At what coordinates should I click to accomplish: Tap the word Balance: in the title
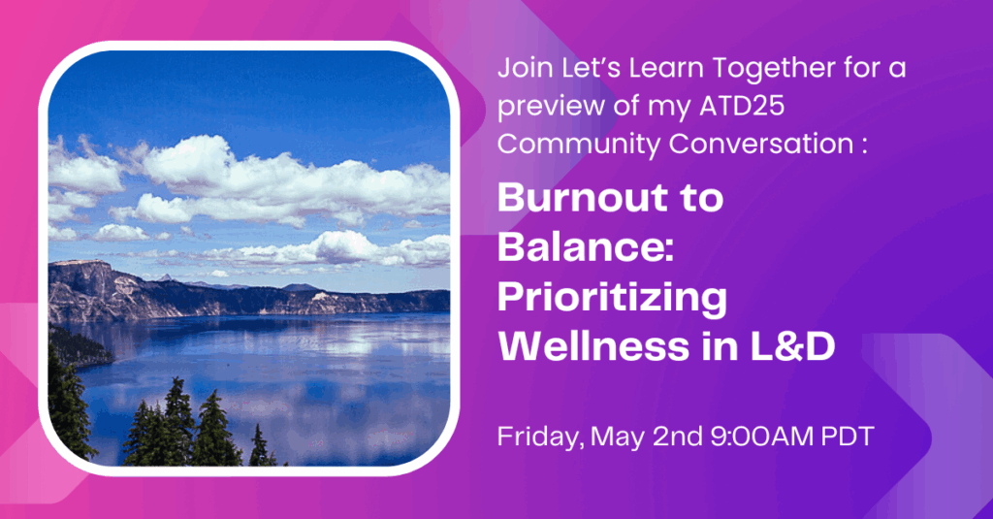tap(586, 247)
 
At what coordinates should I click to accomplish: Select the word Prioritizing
tap(613, 299)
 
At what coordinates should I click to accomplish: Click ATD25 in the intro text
tap(742, 106)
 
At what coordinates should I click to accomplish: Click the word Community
tap(579, 145)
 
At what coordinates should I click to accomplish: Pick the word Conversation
tap(761, 144)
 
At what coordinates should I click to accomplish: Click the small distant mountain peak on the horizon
tap(166, 276)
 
